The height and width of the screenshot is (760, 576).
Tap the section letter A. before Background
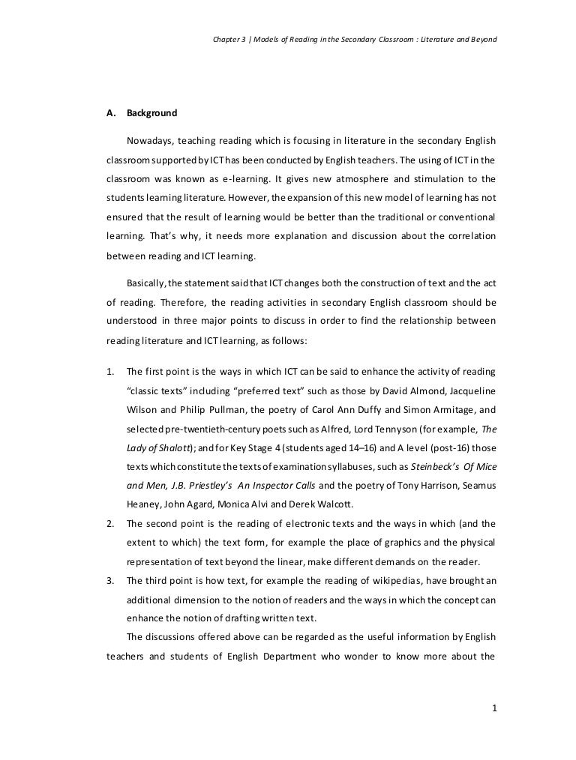(111, 114)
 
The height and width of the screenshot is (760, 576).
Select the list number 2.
(109, 522)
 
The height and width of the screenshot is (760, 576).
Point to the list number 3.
(109, 580)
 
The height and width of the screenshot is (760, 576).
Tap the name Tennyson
(364, 429)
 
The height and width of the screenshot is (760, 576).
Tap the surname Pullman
(223, 410)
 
